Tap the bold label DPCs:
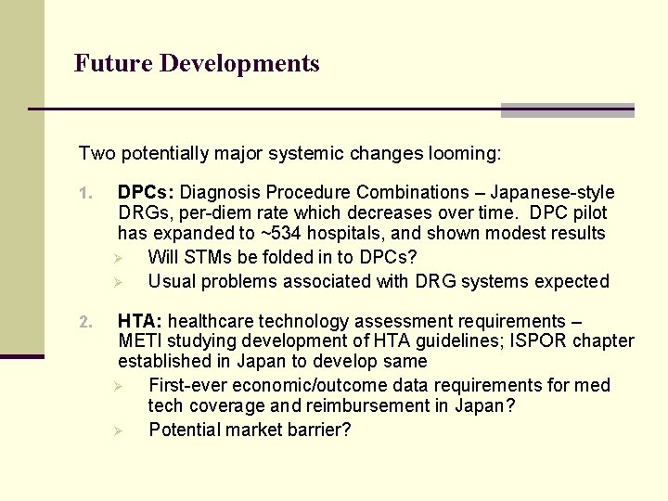[146, 193]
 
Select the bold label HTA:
[140, 322]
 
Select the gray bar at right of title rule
[567, 109]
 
